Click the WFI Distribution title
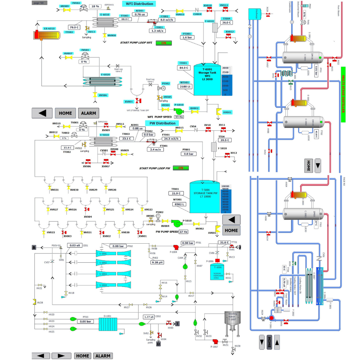coord(140,4)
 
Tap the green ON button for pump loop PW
coord(181,168)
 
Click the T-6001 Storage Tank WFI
coord(207,79)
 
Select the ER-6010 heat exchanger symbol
coord(41,35)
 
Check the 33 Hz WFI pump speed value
coord(179,117)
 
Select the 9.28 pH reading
coord(157,262)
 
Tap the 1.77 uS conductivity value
coord(149,317)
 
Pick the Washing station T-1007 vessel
coord(232,321)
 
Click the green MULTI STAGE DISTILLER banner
coord(343,95)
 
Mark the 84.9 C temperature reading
coord(184,68)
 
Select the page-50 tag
coord(39,3)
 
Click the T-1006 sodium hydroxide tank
coord(217,272)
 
